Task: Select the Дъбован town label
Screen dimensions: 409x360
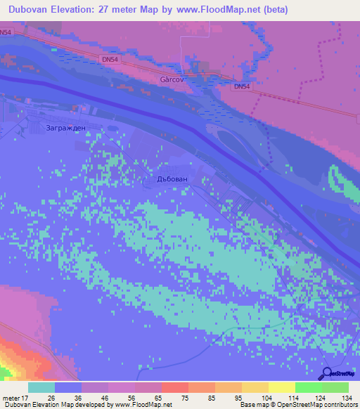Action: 172,180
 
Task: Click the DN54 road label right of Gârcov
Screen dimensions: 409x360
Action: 241,86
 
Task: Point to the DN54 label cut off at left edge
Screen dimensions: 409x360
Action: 5,32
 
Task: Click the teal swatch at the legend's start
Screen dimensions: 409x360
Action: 41,387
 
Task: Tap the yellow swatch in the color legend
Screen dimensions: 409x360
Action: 282,387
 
